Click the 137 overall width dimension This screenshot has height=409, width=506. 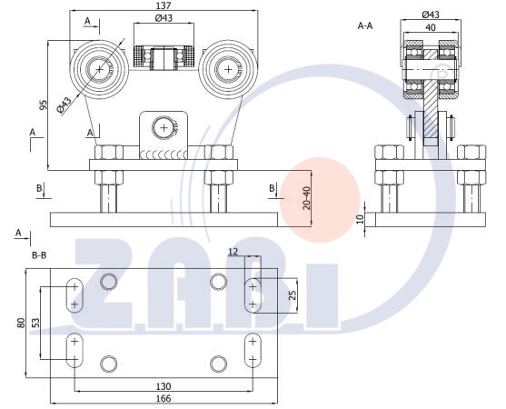pos(164,5)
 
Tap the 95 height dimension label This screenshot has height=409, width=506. pos(44,105)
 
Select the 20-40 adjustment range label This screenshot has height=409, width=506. pos(307,198)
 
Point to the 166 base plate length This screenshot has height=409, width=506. pos(164,398)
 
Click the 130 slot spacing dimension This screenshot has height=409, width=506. pos(164,386)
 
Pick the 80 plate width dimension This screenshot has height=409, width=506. pos(21,323)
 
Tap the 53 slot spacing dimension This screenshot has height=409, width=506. pos(35,323)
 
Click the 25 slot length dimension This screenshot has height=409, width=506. pos(292,295)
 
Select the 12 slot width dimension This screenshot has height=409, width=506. pos(233,252)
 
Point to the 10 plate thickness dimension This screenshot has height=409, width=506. pos(361,219)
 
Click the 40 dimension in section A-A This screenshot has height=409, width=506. pos(431,27)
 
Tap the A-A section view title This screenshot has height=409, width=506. pos(365,25)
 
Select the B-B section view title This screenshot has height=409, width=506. pos(39,255)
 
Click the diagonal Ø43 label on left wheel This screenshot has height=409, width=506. pos(64,105)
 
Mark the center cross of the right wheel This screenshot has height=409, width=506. pos(229,69)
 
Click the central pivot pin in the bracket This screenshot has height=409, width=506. pos(164,128)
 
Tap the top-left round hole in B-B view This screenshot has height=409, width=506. pos(108,282)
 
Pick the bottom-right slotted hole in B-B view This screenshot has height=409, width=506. pos(253,351)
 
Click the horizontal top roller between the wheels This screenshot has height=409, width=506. pos(164,57)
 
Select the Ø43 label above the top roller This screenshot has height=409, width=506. pos(164,18)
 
